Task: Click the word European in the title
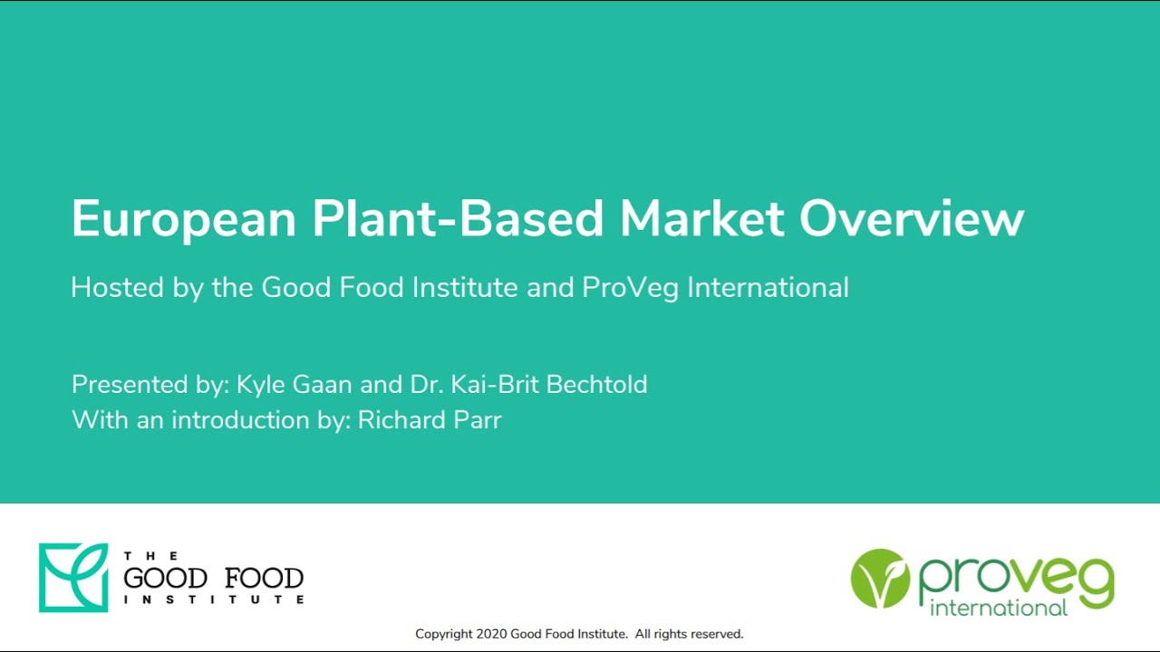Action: (184, 218)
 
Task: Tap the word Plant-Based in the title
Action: (458, 218)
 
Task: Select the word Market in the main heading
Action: (702, 218)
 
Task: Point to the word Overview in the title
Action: (912, 218)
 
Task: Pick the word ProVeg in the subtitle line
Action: (631, 288)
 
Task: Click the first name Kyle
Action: (260, 385)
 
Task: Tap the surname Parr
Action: (478, 420)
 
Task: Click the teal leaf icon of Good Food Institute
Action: (73, 578)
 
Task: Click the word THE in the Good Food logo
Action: (150, 555)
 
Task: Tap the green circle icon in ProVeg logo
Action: (880, 579)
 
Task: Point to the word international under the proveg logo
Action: (999, 607)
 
